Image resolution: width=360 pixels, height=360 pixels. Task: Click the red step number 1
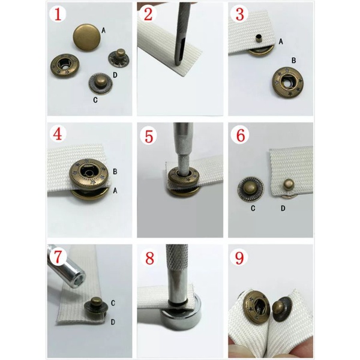(x=58, y=14)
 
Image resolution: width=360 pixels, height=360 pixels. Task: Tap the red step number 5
(x=149, y=136)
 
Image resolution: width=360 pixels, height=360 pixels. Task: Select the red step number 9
(x=239, y=257)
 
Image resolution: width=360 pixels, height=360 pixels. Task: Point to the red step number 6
(x=241, y=136)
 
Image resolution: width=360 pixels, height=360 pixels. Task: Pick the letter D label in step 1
(x=115, y=75)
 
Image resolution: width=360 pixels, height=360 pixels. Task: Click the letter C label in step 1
(x=95, y=100)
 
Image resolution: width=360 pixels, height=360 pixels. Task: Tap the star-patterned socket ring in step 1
(x=65, y=66)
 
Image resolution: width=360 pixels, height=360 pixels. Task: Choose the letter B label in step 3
(x=293, y=61)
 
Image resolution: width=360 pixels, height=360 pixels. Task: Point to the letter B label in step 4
(x=115, y=172)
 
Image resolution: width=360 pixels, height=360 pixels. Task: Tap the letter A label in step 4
(x=115, y=190)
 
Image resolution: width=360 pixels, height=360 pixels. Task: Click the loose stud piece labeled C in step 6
(x=250, y=189)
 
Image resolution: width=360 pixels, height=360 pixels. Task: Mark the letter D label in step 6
(x=283, y=208)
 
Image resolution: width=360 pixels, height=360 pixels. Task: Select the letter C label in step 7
(x=113, y=303)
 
